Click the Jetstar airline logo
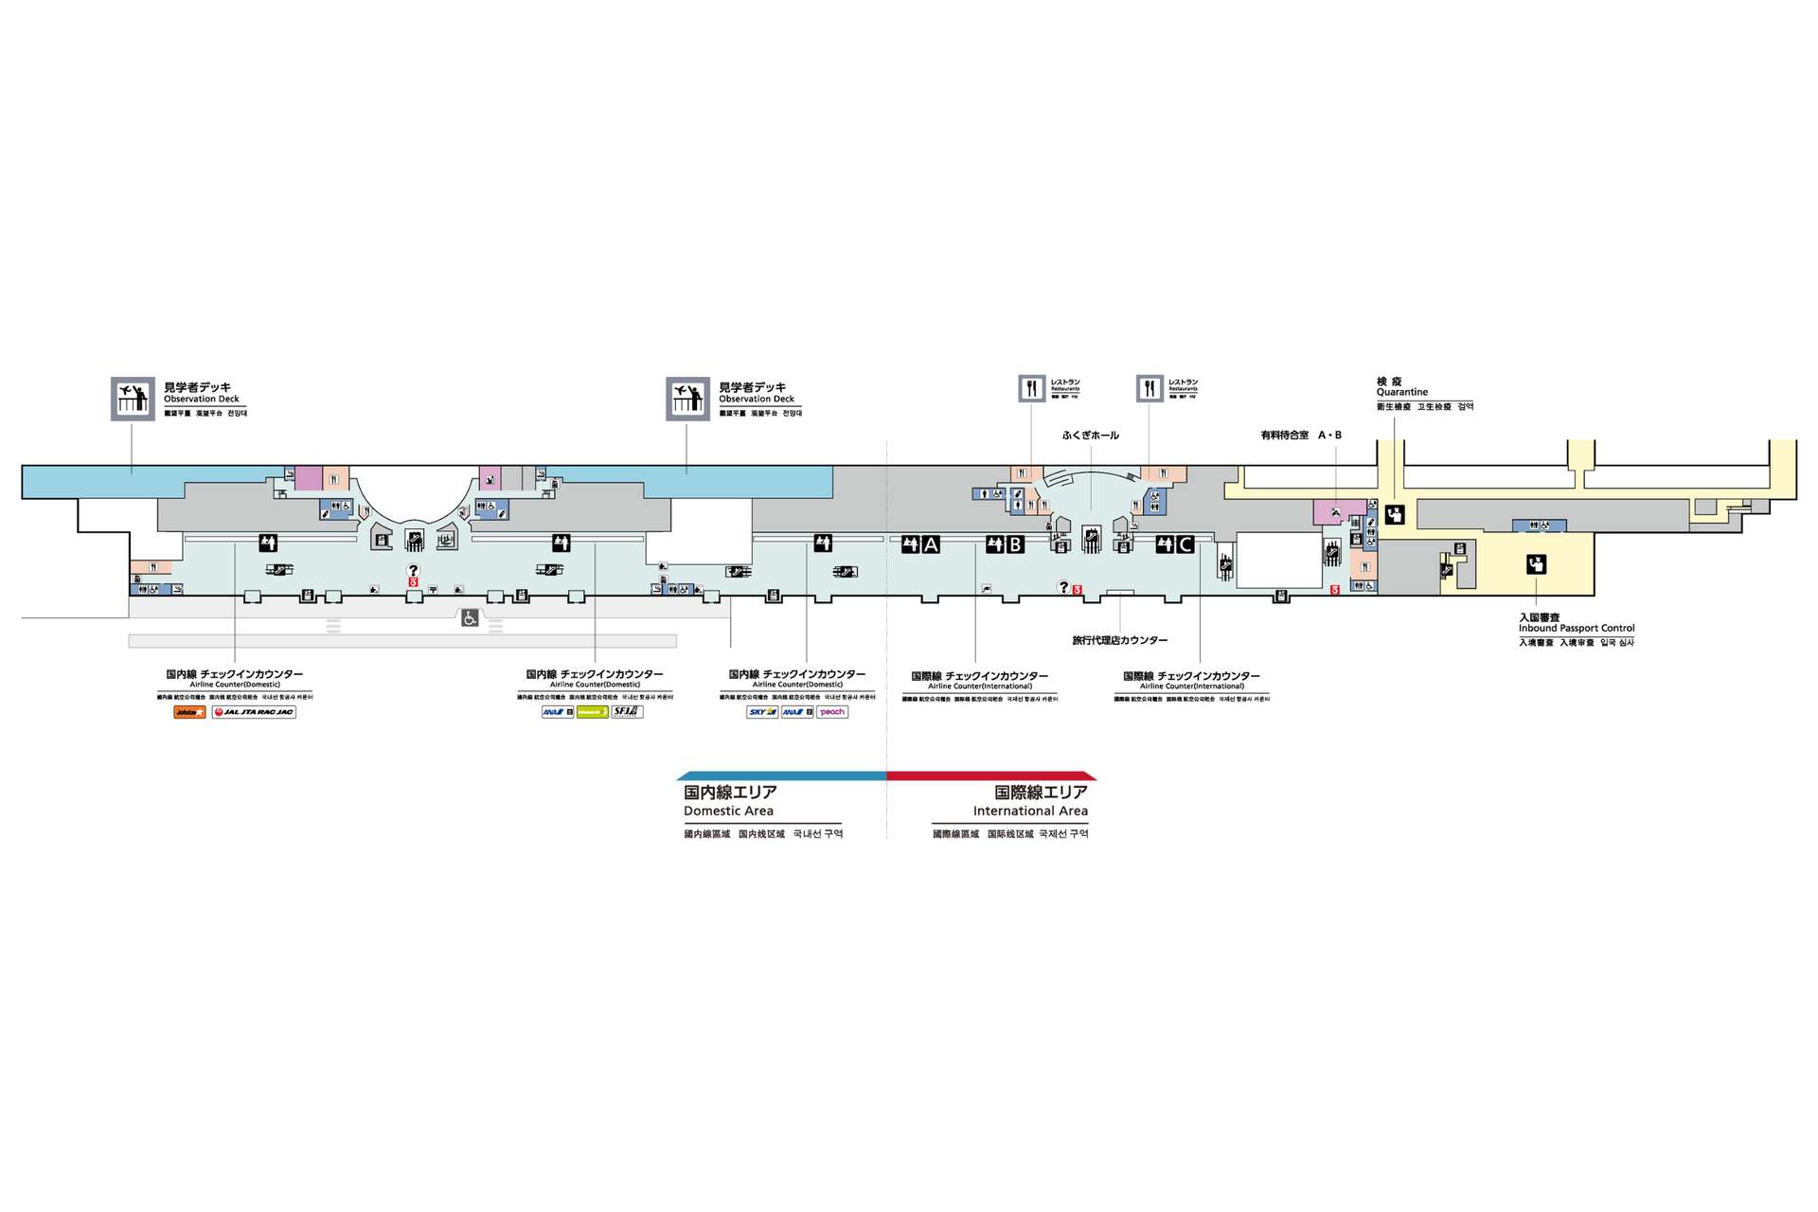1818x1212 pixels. (x=189, y=712)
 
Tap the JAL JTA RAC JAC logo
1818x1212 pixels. (x=254, y=712)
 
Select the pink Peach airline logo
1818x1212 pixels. (x=832, y=712)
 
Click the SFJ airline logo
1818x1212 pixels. (x=627, y=712)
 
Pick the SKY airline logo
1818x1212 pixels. (x=761, y=712)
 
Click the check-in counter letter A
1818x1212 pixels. (x=931, y=544)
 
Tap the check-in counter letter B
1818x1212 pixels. (x=1015, y=544)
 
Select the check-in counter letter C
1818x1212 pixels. (x=1185, y=544)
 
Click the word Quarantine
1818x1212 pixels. (x=1401, y=392)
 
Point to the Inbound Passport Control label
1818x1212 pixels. (x=1577, y=628)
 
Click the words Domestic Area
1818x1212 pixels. (x=728, y=811)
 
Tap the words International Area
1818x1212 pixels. (x=1030, y=811)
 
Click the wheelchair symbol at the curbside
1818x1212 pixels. (x=470, y=618)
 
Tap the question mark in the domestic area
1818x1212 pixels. (x=413, y=570)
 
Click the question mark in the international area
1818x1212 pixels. (x=1063, y=587)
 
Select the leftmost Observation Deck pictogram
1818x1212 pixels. (x=133, y=399)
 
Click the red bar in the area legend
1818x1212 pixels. (x=991, y=775)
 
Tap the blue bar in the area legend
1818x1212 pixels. (x=782, y=775)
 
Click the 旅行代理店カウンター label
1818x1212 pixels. (x=1119, y=641)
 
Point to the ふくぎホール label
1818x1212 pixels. (x=1090, y=436)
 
